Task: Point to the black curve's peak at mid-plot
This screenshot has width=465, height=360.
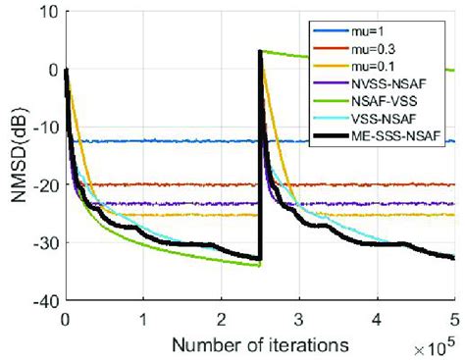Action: coord(260,52)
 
